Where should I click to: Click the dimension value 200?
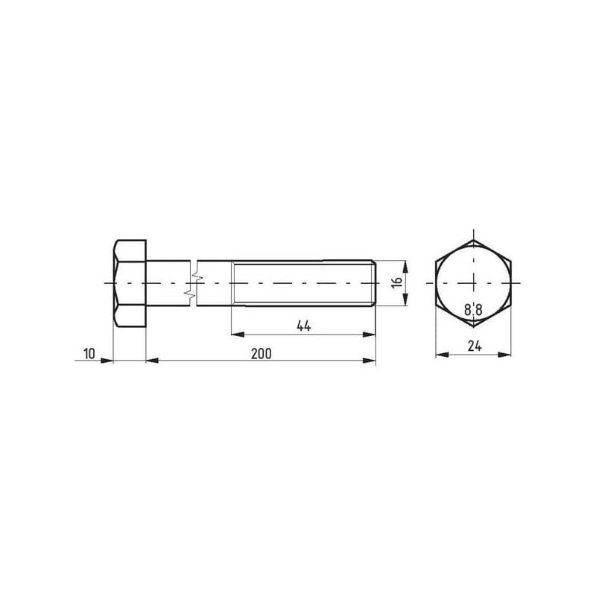pos(261,354)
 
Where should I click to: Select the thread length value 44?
pos(304,326)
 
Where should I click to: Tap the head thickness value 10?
pos(89,354)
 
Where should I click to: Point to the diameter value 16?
pos(397,283)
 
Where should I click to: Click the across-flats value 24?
pos(475,346)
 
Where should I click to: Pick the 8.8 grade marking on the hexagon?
pos(473,310)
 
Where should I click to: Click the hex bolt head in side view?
pos(130,284)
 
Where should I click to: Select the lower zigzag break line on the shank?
pos(189,294)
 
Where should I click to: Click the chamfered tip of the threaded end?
pos(374,283)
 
